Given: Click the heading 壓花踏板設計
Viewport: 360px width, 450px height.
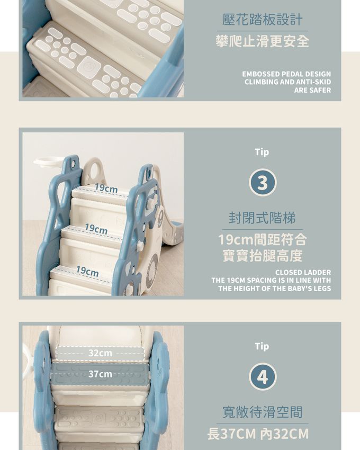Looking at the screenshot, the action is [262, 20].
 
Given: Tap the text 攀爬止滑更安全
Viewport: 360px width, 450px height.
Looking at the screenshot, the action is [262, 41].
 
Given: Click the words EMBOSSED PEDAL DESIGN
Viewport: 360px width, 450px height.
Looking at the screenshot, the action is [286, 74].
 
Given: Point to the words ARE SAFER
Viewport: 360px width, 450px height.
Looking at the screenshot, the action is [312, 90].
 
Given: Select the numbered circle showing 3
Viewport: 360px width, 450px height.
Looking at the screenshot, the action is [263, 183].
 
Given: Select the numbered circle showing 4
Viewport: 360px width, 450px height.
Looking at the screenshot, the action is [263, 376].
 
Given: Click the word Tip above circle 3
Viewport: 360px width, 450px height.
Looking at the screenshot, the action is [262, 152].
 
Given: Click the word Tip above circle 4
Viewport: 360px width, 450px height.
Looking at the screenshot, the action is [262, 346].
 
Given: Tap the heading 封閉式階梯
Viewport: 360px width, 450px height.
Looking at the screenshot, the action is [262, 218].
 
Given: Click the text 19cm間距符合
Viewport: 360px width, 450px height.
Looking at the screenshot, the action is [263, 240].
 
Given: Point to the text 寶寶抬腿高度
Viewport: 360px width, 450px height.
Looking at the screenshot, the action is [263, 256].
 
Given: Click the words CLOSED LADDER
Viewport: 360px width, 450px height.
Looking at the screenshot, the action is [303, 272].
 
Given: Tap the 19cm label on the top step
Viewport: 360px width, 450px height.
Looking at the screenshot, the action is [106, 188].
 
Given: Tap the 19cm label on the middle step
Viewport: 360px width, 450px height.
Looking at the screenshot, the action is [96, 229].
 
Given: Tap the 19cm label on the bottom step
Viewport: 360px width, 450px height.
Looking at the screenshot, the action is [87, 271].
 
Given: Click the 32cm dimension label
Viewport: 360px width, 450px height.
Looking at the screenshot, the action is [100, 353].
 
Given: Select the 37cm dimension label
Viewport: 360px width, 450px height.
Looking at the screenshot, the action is [100, 374].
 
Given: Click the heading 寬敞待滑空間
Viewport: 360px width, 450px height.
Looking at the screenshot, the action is [263, 412].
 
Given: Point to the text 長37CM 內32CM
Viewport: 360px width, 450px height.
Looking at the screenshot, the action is [258, 434].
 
